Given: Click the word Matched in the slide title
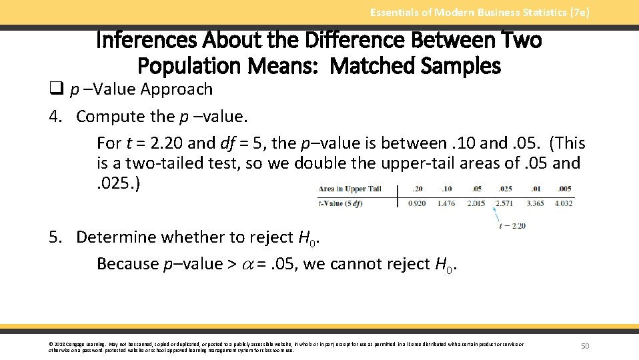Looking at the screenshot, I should point(373,65).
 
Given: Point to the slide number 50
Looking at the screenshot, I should point(586,345).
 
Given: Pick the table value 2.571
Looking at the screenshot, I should point(504,203).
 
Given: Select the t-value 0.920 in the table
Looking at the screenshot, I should point(418,203).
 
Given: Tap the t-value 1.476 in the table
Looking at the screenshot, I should point(446,203).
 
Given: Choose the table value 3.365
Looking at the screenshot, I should point(534,203).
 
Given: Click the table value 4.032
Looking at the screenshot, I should point(563,203).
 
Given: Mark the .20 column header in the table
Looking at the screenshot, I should point(418,189).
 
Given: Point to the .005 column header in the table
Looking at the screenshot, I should point(564,189).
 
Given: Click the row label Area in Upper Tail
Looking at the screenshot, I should point(350,189).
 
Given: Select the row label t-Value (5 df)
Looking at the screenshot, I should point(340,203).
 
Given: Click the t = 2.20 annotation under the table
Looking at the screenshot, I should point(512,225).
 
